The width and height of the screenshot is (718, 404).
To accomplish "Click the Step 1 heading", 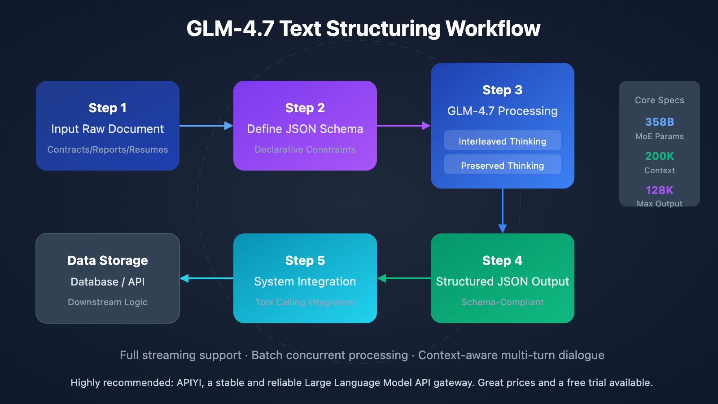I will (108, 108).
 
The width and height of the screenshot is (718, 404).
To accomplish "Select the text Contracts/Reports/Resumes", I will (108, 149).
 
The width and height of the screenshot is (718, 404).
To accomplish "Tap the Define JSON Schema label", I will (305, 129).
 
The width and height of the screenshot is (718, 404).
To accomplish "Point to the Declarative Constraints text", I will (305, 149).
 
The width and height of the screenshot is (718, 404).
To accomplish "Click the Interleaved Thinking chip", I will (503, 141).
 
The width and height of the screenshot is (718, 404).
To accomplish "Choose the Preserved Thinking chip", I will (503, 165).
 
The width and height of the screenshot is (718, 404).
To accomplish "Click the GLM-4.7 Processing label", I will (503, 111).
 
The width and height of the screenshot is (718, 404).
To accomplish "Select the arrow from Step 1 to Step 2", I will (206, 126).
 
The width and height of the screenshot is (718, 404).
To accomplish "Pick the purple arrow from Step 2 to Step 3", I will (403, 126).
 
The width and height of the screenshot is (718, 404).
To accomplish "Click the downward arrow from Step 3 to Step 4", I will (503, 211).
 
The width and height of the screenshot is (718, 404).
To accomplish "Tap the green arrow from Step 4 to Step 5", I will (404, 278).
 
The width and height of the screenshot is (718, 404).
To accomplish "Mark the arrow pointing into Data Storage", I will (206, 278).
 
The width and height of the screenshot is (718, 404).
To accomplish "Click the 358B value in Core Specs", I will (659, 122).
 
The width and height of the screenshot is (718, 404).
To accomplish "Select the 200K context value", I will (659, 156).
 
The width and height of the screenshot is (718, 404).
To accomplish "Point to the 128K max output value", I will (659, 190).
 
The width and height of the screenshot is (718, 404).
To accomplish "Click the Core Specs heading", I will (659, 100).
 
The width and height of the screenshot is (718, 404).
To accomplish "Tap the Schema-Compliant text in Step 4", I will (503, 302).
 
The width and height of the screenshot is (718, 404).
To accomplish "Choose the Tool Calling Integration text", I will (305, 302).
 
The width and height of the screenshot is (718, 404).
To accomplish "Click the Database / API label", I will (108, 282).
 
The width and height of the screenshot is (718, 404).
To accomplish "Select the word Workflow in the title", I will (493, 29).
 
